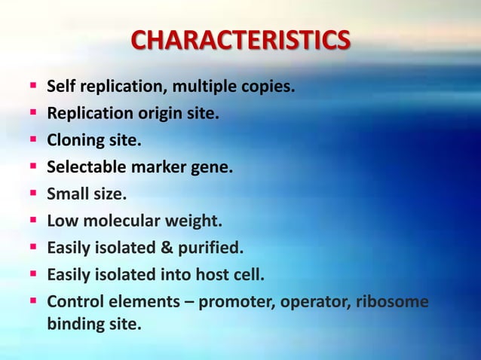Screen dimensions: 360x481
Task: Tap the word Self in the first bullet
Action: coord(60,87)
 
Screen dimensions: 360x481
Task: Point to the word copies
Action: coord(266,88)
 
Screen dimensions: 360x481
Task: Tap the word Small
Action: coord(65,194)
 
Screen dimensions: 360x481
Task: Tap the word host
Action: coord(206,274)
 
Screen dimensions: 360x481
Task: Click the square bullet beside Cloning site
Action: coord(35,141)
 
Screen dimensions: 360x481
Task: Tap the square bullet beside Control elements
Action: coord(35,301)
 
